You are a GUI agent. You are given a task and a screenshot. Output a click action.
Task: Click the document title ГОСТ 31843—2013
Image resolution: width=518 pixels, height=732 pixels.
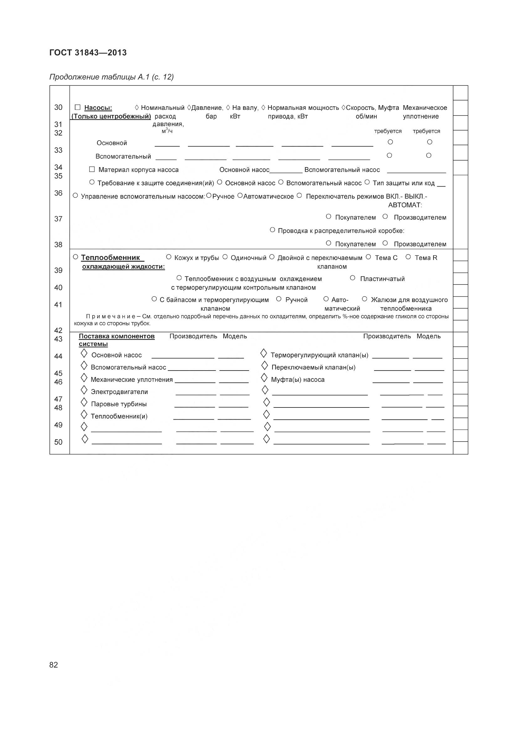click(88, 53)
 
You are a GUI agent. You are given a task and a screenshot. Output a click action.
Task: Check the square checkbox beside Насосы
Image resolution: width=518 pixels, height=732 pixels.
click(77, 107)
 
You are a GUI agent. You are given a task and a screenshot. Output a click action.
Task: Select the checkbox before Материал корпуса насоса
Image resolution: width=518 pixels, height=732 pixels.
click(92, 169)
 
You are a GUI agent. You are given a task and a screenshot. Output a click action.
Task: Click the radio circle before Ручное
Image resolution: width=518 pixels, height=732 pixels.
click(209, 195)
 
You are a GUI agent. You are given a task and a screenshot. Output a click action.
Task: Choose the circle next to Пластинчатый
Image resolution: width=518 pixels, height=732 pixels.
click(352, 278)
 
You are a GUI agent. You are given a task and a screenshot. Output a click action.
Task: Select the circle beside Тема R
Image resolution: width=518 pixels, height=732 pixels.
click(408, 257)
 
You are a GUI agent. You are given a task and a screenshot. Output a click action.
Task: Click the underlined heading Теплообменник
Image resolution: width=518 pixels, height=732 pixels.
click(110, 258)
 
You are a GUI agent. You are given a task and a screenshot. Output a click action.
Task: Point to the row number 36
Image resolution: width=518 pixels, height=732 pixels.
click(58, 193)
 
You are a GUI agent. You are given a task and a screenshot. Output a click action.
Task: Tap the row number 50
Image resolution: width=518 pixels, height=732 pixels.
click(58, 442)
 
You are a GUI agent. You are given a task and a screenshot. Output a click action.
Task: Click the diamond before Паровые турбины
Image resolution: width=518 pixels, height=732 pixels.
click(84, 402)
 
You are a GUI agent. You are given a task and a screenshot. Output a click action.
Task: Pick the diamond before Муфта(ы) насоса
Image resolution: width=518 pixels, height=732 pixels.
click(264, 378)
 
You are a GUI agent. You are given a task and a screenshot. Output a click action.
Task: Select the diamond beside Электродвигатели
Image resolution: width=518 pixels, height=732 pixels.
click(84, 390)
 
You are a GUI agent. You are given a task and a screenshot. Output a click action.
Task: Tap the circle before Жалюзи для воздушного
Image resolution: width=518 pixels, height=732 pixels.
click(365, 299)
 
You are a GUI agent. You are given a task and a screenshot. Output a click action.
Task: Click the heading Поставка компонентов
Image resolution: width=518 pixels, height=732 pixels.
click(117, 336)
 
